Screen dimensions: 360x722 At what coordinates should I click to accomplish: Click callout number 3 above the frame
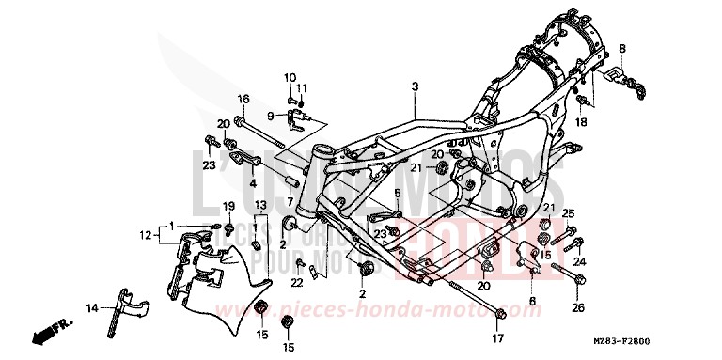(413, 87)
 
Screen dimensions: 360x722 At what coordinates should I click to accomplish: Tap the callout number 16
(243, 100)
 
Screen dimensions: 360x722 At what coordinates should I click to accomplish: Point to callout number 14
(92, 307)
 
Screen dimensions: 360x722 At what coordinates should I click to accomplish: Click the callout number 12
(146, 234)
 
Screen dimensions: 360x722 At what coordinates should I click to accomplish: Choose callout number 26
(577, 307)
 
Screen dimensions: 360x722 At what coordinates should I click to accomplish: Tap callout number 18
(582, 123)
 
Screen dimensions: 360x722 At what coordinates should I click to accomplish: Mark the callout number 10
(290, 77)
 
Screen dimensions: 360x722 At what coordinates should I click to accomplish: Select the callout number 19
(228, 206)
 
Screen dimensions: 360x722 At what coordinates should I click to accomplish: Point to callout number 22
(297, 282)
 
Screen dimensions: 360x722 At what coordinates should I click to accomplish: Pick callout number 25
(567, 214)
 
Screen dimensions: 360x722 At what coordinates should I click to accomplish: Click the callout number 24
(579, 262)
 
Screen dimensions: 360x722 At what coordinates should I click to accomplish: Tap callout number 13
(260, 206)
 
